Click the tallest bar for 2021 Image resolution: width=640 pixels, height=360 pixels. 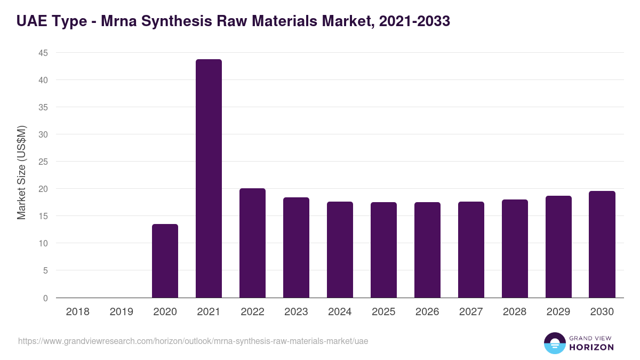click(x=209, y=179)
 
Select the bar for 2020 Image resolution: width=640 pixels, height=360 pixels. click(x=165, y=261)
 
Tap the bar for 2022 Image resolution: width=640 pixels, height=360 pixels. click(x=252, y=243)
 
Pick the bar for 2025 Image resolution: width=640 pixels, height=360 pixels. click(x=383, y=250)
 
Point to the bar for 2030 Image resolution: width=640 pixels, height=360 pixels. click(x=602, y=244)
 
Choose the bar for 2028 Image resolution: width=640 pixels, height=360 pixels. click(x=515, y=249)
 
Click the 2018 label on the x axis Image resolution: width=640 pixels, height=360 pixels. click(x=77, y=312)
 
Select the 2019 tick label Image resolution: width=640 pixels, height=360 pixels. click(x=121, y=312)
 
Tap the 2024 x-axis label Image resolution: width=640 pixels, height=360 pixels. click(x=340, y=312)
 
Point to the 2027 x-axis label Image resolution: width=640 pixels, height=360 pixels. click(x=471, y=312)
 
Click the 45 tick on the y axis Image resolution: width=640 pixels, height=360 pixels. click(x=43, y=53)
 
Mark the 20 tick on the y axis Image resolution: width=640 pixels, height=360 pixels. click(x=43, y=189)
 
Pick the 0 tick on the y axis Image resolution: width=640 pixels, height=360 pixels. click(x=45, y=298)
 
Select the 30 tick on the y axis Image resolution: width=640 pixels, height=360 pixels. click(x=43, y=134)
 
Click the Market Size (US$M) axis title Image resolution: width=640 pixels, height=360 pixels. click(x=21, y=172)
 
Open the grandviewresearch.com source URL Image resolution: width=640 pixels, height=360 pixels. click(x=193, y=341)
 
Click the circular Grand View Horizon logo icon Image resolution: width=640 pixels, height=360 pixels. click(x=554, y=343)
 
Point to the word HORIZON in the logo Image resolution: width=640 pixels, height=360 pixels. click(x=592, y=347)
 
